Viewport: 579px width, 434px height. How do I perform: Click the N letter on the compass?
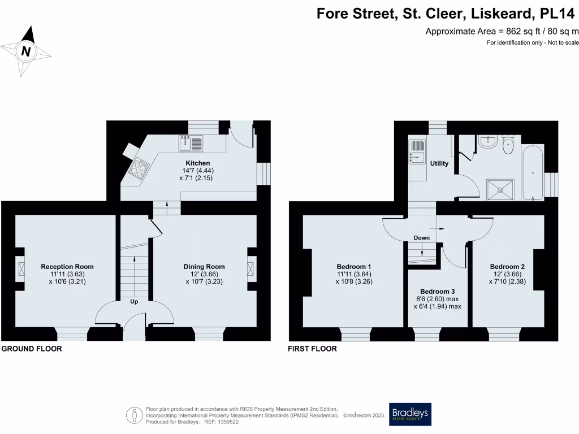(x=25, y=51)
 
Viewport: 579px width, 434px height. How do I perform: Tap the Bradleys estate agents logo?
(x=409, y=414)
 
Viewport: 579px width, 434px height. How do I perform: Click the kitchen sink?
(x=191, y=144)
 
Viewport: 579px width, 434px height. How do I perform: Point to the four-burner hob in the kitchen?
(x=140, y=167)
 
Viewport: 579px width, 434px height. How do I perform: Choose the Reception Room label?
(x=67, y=267)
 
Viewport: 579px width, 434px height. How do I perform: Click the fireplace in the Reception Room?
(x=20, y=268)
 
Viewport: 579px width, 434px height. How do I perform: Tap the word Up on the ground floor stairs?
(x=134, y=302)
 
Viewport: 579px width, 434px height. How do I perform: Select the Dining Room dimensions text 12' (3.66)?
(x=204, y=274)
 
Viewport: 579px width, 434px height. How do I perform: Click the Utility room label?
(x=439, y=164)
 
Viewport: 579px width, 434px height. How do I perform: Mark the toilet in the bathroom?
(x=507, y=146)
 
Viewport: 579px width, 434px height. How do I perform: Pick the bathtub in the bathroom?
(x=533, y=172)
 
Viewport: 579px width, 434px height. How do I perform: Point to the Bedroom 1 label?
(x=354, y=267)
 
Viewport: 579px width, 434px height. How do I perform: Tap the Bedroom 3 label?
(x=438, y=292)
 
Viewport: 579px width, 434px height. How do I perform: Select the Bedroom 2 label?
(x=508, y=267)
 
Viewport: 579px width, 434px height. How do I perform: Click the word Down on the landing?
(x=422, y=238)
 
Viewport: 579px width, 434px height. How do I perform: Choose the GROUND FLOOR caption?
(x=32, y=349)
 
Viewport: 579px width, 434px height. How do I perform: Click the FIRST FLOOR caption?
(x=313, y=349)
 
